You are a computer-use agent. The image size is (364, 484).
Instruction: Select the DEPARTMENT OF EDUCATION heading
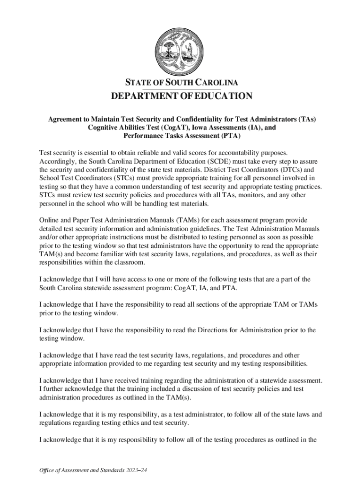tap(182, 96)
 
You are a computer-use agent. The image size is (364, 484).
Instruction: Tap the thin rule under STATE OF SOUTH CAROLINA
tap(182, 89)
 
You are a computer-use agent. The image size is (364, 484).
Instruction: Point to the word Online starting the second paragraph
tap(50, 220)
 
